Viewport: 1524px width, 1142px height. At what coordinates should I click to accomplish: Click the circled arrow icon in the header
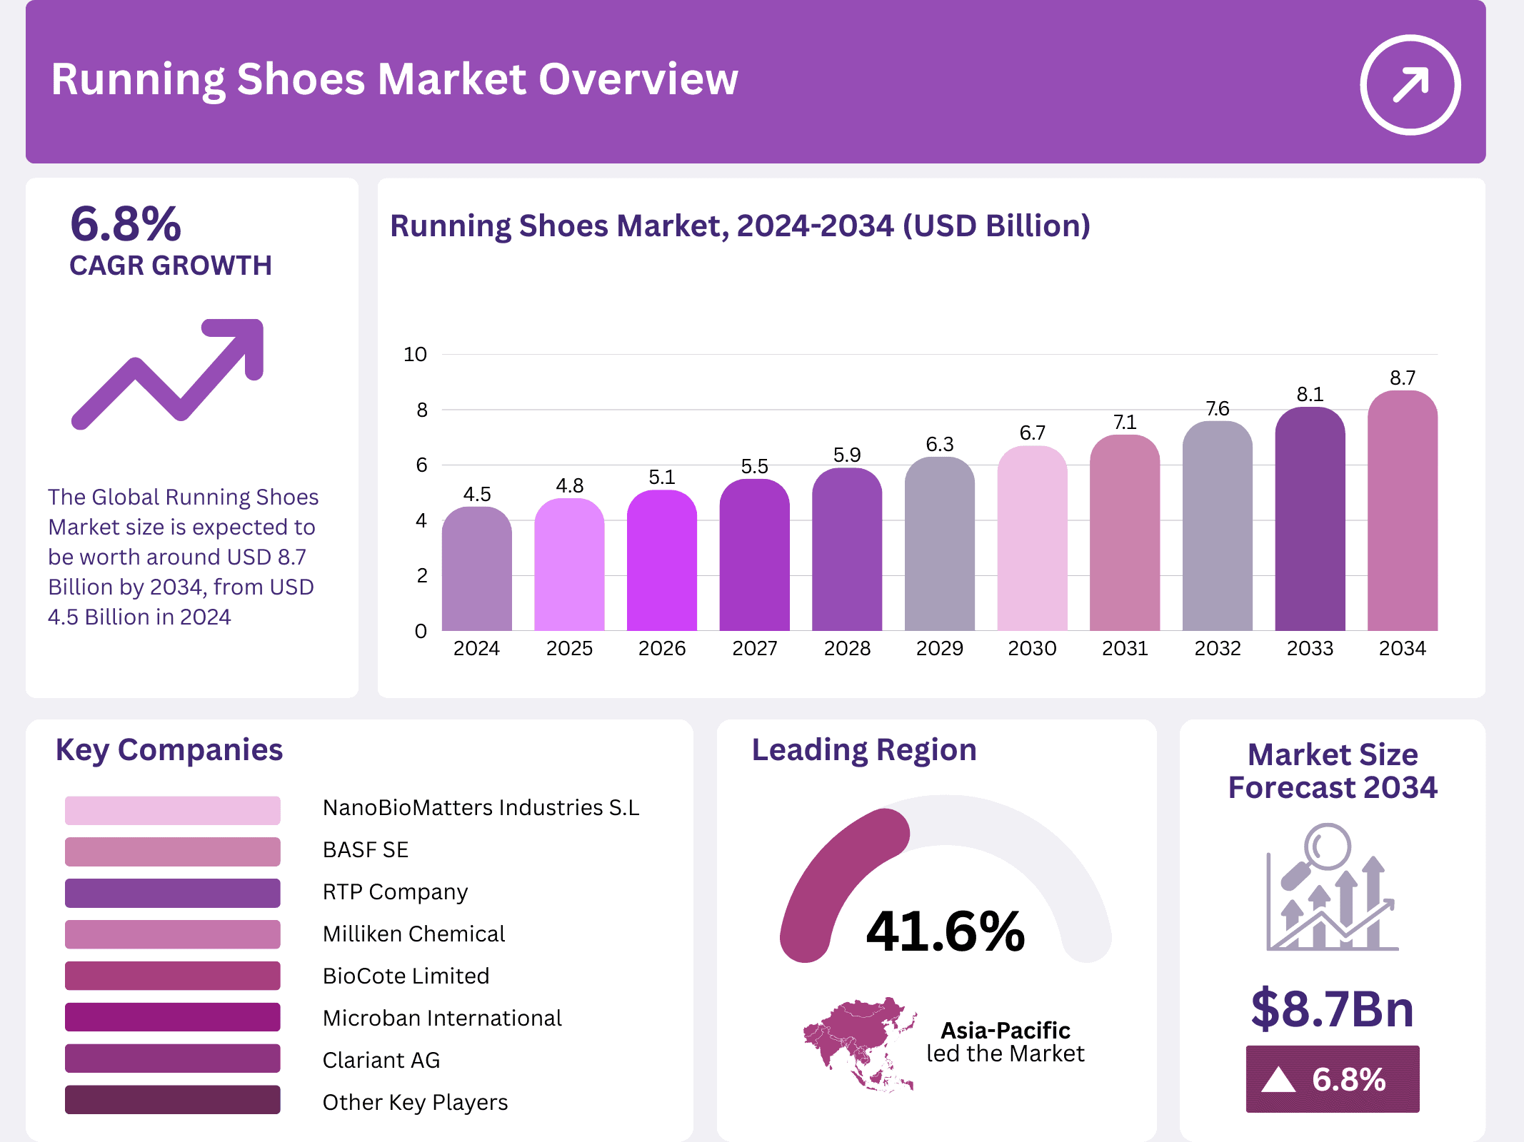point(1410,84)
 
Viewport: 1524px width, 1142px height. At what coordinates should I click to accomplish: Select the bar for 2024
point(476,571)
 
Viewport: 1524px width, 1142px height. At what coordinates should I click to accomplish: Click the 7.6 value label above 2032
point(1218,408)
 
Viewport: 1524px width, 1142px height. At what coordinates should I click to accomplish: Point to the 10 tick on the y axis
point(415,354)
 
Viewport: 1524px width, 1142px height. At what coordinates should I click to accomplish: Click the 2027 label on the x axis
point(754,648)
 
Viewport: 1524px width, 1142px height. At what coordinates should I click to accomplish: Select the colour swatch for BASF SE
point(172,851)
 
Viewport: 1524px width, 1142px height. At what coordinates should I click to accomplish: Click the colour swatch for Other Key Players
point(172,1100)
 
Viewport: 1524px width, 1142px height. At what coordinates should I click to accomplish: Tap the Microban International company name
point(442,1018)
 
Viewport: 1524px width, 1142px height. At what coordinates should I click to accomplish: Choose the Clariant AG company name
point(381,1060)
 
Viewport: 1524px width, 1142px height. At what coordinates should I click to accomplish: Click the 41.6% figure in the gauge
point(945,931)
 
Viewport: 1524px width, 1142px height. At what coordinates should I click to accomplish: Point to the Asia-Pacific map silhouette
point(859,1042)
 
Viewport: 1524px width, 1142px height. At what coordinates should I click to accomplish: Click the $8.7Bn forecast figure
point(1332,1009)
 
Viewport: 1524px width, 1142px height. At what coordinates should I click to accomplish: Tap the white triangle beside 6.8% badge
point(1278,1079)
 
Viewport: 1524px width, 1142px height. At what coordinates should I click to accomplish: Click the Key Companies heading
point(169,749)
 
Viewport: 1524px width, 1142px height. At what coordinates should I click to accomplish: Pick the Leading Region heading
point(864,749)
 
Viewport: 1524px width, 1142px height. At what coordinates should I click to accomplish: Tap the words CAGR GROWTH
point(171,266)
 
